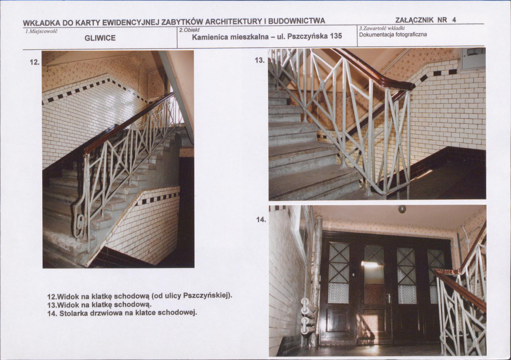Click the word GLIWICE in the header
tap(100, 38)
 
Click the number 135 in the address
tap(336, 37)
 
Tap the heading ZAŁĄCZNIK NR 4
tap(425, 20)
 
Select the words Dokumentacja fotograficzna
tap(393, 35)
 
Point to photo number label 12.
tap(34, 62)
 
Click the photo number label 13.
tap(260, 60)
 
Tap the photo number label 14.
tap(261, 220)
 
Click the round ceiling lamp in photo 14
tap(402, 209)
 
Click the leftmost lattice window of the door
tap(338, 273)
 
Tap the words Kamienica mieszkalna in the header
tap(230, 37)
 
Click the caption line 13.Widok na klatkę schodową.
tap(100, 305)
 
